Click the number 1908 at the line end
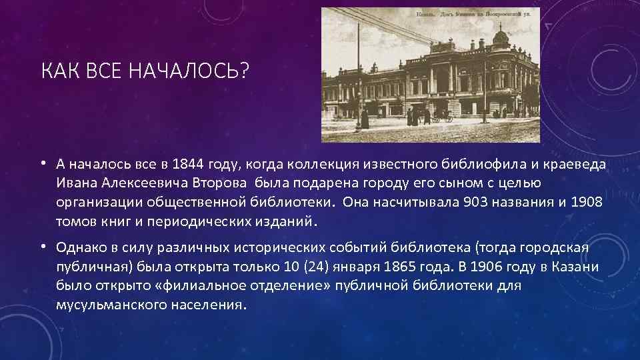[x=587, y=202]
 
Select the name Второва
[x=219, y=183]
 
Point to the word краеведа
[x=581, y=164]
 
